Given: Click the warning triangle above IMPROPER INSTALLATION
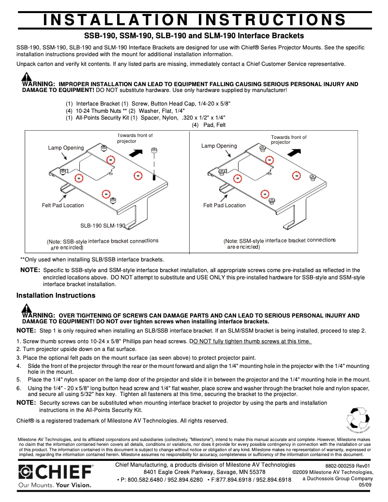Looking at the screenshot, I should click(x=27, y=77).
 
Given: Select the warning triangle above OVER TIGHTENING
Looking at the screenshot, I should click(x=27, y=309).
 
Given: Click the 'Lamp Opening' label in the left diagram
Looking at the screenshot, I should click(x=66, y=148).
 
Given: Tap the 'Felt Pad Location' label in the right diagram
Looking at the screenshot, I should click(x=224, y=205).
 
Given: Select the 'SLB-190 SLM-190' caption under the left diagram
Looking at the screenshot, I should click(x=103, y=226).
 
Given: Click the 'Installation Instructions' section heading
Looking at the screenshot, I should click(x=56, y=295).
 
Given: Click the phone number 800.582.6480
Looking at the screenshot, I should click(x=143, y=480).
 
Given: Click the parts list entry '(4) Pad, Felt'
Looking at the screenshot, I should click(x=209, y=125).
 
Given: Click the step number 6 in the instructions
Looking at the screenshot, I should click(x=18, y=388).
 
